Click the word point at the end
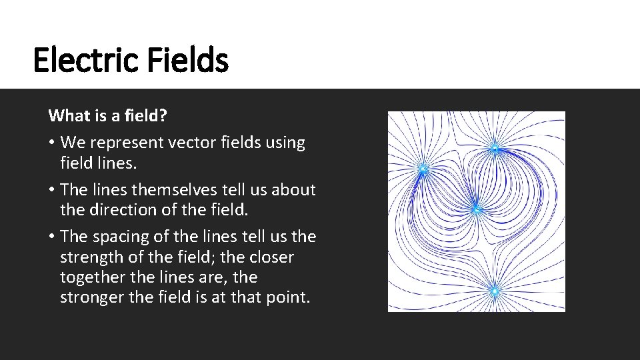(291, 297)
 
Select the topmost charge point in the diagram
(495, 148)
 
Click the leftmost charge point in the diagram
(423, 169)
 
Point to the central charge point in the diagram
(476, 210)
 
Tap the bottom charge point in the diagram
(495, 291)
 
